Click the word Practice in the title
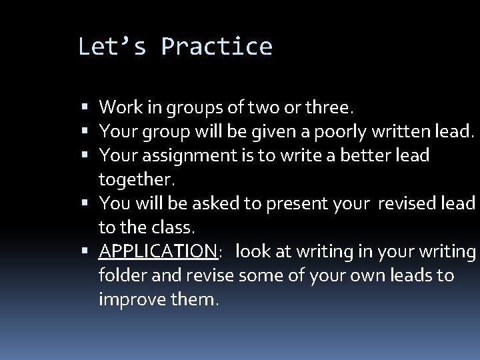217,47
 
